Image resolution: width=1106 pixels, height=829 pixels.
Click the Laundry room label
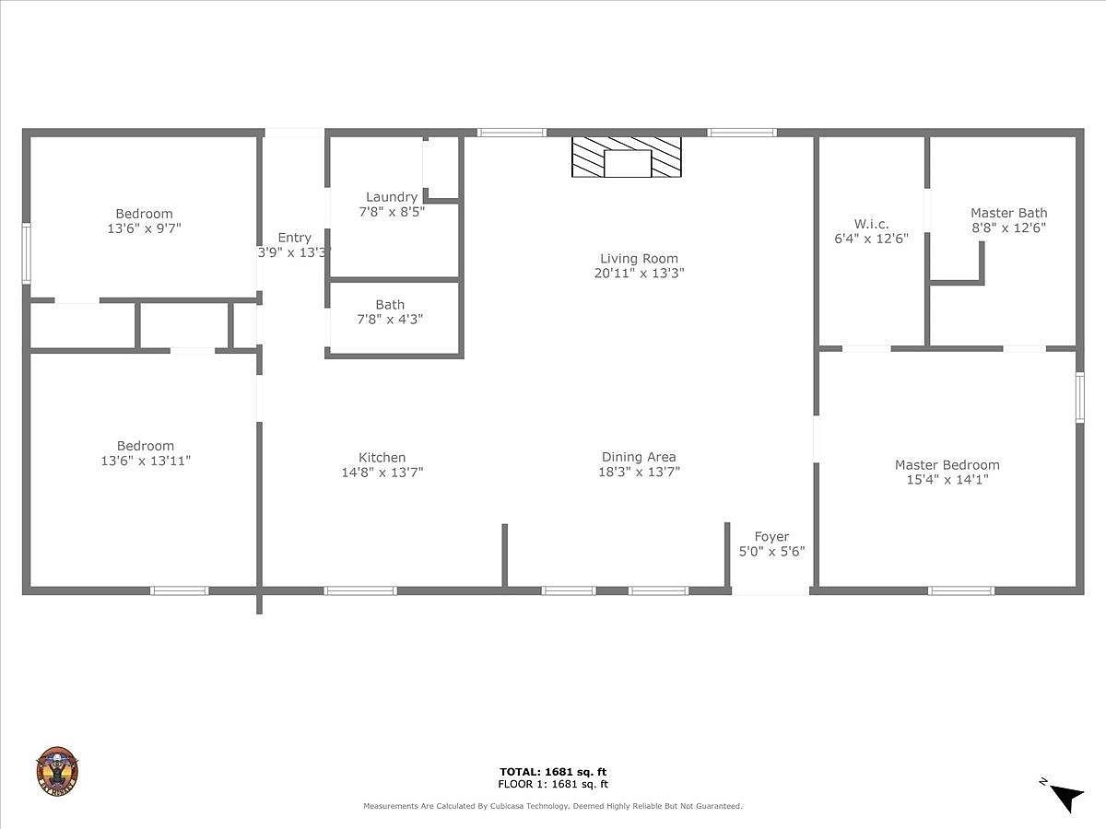(392, 197)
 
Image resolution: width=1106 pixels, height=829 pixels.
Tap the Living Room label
(639, 259)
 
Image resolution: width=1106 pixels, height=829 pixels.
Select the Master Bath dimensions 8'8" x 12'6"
(1008, 228)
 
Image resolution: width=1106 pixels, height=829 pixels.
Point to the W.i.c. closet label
(871, 224)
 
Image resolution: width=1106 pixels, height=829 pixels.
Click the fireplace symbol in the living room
(627, 158)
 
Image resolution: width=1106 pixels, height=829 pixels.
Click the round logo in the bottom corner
(57, 771)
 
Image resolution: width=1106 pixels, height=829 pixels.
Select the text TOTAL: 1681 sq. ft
(553, 772)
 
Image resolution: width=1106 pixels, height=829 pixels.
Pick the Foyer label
(771, 537)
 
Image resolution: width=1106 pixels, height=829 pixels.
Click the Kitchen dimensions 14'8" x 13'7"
(382, 473)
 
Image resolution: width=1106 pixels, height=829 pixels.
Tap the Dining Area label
(639, 457)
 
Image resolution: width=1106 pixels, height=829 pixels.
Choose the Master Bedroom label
(947, 465)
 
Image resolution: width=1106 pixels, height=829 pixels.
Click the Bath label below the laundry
(390, 305)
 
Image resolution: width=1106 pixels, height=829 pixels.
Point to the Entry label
(294, 238)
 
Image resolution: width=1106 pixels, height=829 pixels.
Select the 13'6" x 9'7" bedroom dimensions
(144, 228)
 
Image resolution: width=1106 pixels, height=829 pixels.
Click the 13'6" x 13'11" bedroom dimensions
(146, 461)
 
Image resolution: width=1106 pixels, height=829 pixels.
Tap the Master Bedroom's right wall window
(1080, 397)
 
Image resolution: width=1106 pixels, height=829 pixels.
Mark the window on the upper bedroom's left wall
(27, 252)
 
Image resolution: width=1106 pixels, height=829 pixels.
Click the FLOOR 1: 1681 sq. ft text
(553, 785)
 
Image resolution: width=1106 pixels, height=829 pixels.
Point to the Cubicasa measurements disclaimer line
(552, 806)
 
